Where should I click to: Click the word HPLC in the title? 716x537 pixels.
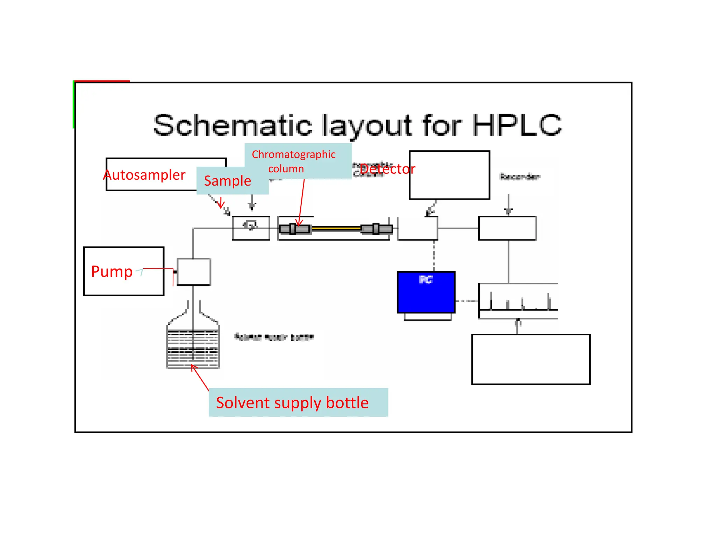point(517,125)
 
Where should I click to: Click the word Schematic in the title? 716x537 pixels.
point(232,125)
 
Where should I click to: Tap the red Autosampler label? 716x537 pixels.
point(145,175)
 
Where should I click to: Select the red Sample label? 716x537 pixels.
point(228,181)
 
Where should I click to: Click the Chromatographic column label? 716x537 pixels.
point(294,161)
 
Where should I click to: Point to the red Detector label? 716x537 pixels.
point(387,169)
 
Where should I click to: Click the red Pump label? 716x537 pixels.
point(112,271)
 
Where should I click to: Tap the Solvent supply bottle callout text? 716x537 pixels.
point(292,403)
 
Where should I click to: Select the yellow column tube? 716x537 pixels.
point(336,229)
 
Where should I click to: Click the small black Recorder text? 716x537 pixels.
point(520,177)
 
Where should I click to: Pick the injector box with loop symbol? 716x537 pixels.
point(251,228)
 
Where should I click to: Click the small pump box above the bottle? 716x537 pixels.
point(194,272)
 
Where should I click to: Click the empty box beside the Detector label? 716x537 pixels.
point(449,175)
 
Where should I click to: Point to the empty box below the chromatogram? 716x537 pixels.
point(531,359)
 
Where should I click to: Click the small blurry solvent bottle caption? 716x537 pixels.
point(274,337)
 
